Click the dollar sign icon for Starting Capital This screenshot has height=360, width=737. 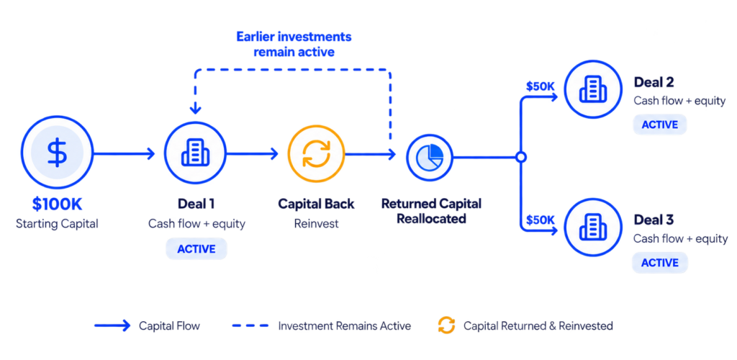57,153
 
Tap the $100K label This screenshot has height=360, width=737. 57,204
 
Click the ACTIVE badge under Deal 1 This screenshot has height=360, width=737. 196,248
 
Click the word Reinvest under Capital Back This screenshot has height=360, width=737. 317,224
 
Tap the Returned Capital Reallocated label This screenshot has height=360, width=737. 432,211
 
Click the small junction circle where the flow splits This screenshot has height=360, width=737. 520,158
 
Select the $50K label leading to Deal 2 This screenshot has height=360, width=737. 541,86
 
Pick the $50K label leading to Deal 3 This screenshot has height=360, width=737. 541,220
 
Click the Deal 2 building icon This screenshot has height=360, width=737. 592,89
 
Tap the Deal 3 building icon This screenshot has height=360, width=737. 592,228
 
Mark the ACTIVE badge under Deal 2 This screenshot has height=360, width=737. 660,125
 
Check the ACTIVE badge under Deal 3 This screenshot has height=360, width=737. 660,263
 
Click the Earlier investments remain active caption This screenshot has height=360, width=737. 294,44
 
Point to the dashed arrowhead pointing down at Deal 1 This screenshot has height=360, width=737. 196,110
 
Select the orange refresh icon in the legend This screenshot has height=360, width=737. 446,325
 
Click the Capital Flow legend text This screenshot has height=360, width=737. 169,325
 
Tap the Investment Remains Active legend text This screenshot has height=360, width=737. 345,325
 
